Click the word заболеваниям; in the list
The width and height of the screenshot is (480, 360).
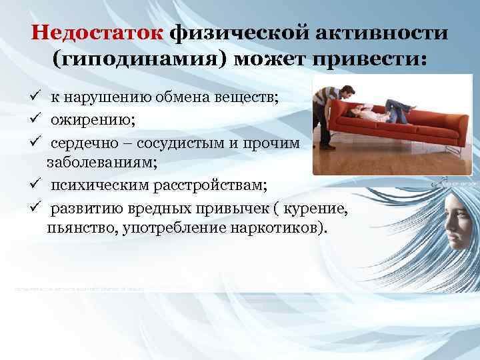click(97, 161)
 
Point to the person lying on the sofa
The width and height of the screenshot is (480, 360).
click(387, 109)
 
